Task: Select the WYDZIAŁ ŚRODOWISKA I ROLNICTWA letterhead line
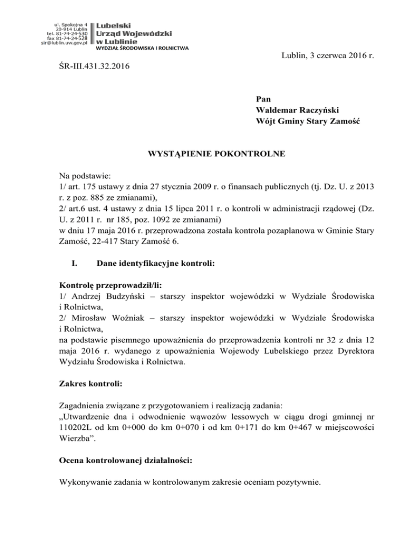pos(142,49)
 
